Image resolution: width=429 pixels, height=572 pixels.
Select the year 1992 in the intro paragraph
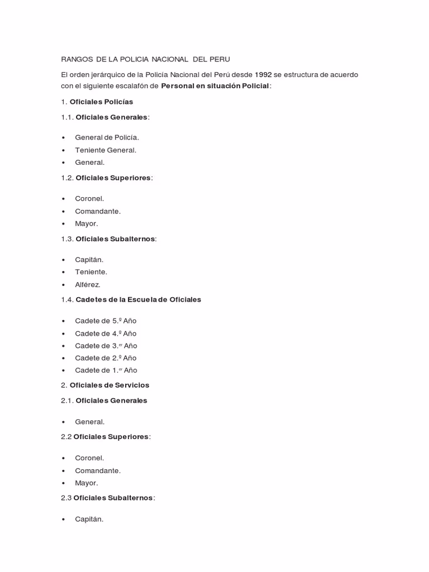point(263,74)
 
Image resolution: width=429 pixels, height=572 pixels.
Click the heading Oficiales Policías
point(101,102)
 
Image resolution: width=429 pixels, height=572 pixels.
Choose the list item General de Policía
point(107,137)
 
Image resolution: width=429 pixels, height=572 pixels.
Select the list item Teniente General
point(106,150)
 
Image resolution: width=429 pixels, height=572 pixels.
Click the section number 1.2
point(67,178)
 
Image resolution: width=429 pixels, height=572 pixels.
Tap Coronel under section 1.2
point(89,199)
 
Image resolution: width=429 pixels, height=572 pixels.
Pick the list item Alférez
point(88,284)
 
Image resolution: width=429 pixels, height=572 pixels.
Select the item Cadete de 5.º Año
point(106,321)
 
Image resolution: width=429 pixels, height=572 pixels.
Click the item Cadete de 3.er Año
point(106,346)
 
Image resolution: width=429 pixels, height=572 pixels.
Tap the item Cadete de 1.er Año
point(106,370)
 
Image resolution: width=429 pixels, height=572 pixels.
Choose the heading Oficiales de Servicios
point(109,385)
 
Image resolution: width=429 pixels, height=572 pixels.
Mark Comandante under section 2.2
point(98,471)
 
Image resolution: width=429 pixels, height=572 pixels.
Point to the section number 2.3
point(66,498)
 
